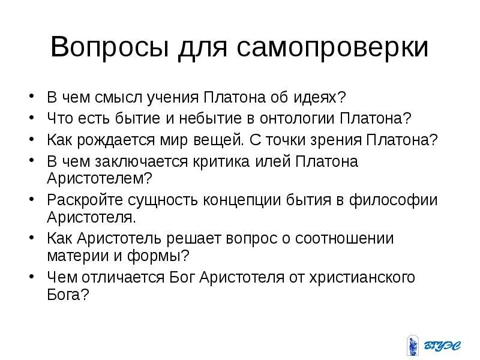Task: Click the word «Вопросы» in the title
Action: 107,47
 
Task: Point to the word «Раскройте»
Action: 83,200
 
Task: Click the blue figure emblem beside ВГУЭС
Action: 412,344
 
